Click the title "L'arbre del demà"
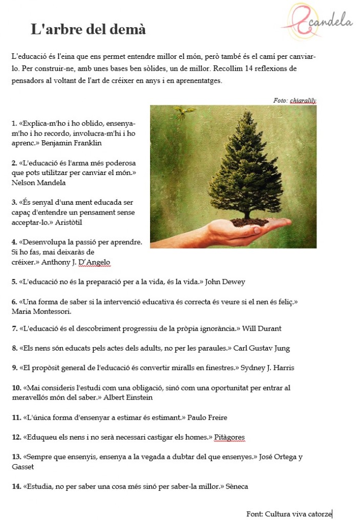[x=88, y=29]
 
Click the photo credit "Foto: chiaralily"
[x=294, y=100]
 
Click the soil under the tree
[x=250, y=222]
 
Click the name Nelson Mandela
[x=38, y=182]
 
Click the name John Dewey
[x=225, y=282]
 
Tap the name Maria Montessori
[x=41, y=311]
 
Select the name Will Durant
[x=262, y=329]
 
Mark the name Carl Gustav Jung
[x=261, y=348]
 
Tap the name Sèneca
[x=237, y=486]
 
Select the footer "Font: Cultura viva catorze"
[x=289, y=514]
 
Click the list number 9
[x=14, y=368]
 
